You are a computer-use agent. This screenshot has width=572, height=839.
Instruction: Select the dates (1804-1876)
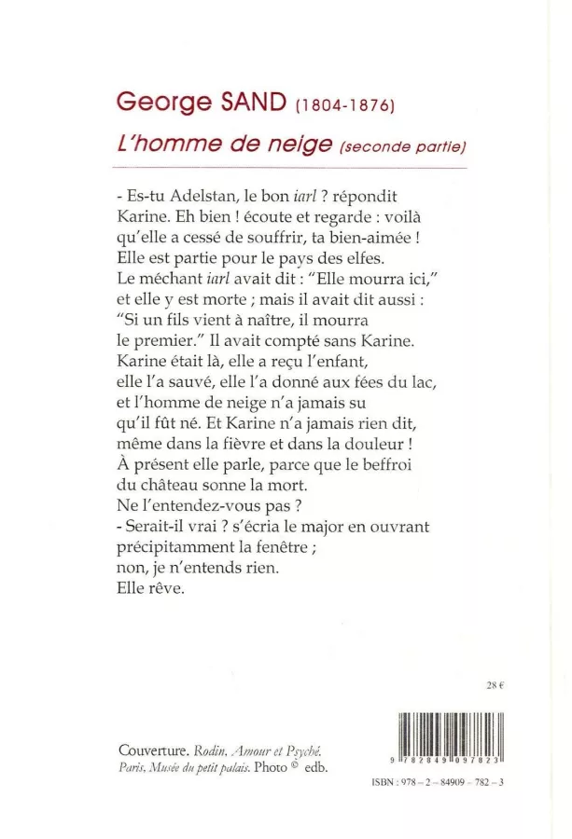pyautogui.click(x=346, y=106)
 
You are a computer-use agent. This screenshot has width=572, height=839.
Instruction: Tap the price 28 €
pyautogui.click(x=495, y=686)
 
